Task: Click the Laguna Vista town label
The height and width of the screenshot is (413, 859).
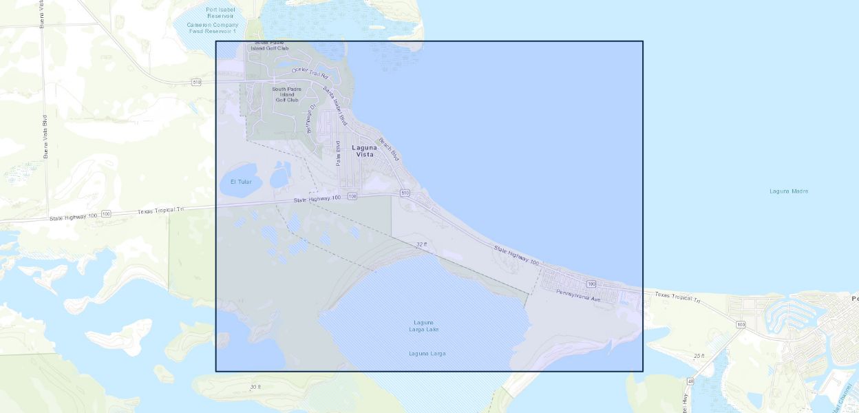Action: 365,151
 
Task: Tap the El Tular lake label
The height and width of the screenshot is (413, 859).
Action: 241,182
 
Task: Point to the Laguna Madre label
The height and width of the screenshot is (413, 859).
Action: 789,191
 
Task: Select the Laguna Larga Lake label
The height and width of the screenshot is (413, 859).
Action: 425,326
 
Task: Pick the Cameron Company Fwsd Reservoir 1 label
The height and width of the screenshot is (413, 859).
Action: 212,28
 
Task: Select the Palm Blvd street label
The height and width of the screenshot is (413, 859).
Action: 338,153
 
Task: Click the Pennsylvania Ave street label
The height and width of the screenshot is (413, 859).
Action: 578,297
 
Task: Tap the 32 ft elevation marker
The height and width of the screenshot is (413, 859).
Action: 421,244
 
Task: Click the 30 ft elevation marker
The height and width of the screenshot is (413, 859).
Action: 255,387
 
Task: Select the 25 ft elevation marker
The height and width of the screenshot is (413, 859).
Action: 699,356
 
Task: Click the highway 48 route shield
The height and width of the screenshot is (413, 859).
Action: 690,381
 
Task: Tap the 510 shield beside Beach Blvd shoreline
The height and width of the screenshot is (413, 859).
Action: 405,193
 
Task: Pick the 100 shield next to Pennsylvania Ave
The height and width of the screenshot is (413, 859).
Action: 591,284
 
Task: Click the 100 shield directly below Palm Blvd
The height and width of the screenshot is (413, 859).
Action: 352,197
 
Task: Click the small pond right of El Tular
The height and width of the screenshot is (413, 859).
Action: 279,177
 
